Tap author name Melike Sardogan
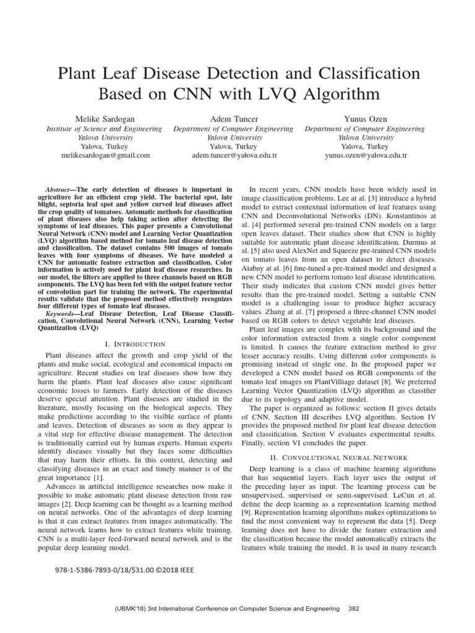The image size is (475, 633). [105, 119]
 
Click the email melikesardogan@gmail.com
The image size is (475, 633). [105, 156]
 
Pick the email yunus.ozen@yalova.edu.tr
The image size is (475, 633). [365, 156]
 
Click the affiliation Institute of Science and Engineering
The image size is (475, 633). [105, 129]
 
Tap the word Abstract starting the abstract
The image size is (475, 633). [59, 189]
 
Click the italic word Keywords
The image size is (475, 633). [61, 314]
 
